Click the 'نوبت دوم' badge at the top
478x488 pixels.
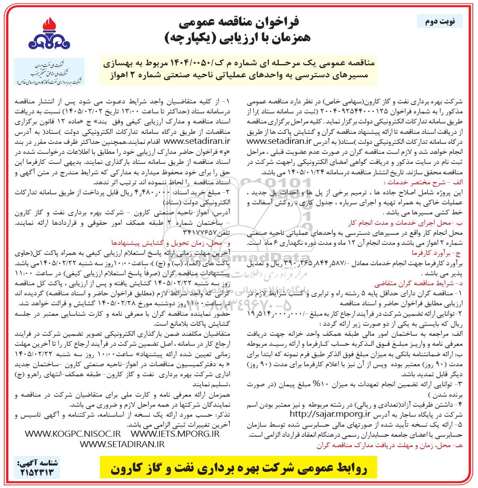tap(440, 21)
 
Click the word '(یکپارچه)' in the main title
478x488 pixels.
tap(192, 38)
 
